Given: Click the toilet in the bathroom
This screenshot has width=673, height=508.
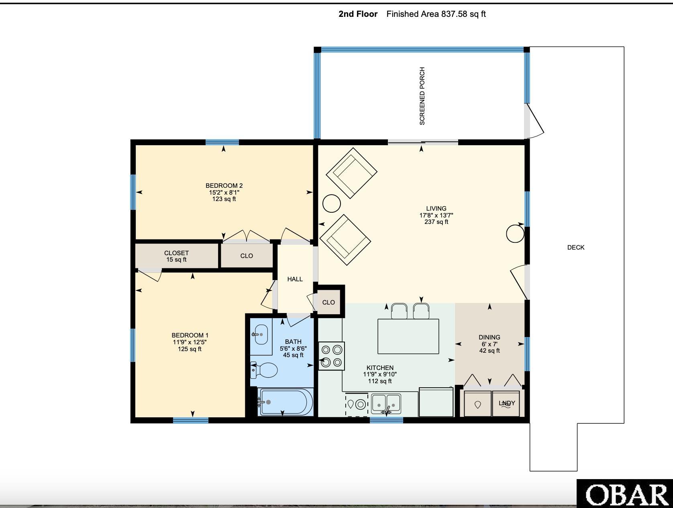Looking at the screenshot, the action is point(264,370).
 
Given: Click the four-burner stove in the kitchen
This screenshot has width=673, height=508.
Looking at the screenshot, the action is point(331,356).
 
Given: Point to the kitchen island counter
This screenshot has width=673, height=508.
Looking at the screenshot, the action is point(408,336).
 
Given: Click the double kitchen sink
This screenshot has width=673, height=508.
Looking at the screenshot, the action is point(386,404).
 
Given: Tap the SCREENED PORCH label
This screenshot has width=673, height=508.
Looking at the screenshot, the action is point(422,96).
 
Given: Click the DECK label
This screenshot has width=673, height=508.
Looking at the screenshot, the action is point(576,248).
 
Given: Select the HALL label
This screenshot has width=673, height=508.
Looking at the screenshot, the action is point(295,279).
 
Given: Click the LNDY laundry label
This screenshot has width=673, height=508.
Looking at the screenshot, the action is point(507,403).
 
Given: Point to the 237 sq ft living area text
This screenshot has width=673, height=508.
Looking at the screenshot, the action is point(436,222).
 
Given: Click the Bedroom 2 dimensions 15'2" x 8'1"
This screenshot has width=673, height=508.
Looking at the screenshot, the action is point(224,193).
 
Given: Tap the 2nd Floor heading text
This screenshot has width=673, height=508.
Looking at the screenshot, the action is point(358,14).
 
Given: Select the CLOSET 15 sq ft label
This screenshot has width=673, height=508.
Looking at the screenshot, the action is point(176,256).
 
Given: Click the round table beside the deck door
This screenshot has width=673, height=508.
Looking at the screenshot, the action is point(515,234).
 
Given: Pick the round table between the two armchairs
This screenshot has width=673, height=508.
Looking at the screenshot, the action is point(331,203).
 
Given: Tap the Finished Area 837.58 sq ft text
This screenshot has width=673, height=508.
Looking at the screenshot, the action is point(436,14).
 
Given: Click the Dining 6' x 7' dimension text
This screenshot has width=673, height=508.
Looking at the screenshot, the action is point(489,344).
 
